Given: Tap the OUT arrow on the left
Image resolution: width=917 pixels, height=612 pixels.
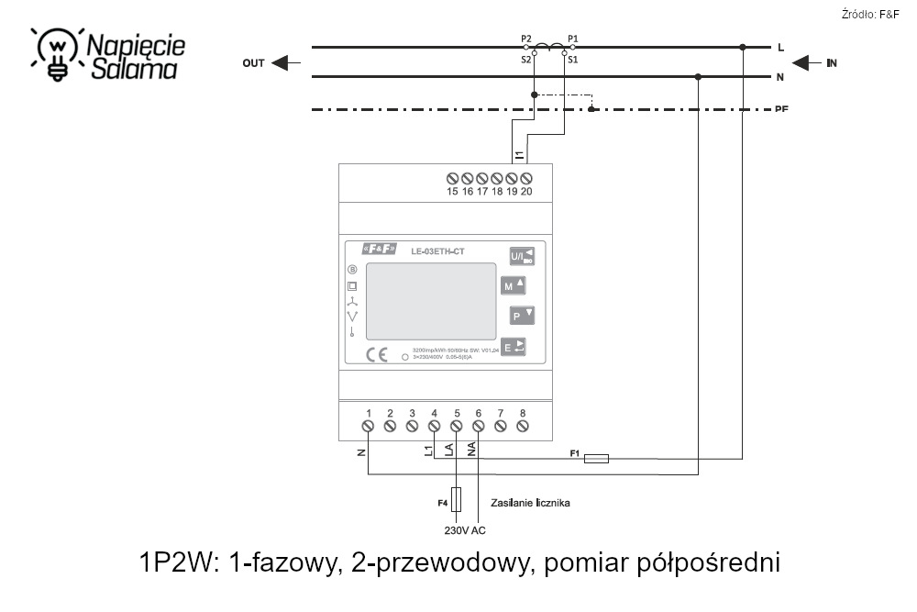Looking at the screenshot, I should pos(287,63).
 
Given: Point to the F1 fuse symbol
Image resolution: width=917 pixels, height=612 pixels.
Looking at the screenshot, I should pos(596,457).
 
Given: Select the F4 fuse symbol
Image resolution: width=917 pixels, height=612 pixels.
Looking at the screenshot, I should pos(457,499).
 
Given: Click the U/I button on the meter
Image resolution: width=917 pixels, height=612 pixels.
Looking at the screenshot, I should pos(522,256).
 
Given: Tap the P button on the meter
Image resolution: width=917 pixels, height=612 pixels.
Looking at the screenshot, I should pos(522,316).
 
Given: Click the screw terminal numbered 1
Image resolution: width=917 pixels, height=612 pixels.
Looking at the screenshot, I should pos(368,426).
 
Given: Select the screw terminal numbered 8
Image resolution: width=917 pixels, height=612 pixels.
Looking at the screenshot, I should pos(523,426).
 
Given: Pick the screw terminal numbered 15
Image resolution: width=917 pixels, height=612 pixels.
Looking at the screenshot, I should pos(452,177).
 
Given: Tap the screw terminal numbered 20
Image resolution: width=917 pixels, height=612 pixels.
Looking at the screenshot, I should pos(526,177).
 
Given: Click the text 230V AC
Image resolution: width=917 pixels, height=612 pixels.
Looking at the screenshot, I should pos(464,529).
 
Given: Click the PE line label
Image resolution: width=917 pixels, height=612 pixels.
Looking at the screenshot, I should pos(781,109).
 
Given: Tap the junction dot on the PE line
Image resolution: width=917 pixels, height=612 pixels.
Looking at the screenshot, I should pos(592,109).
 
